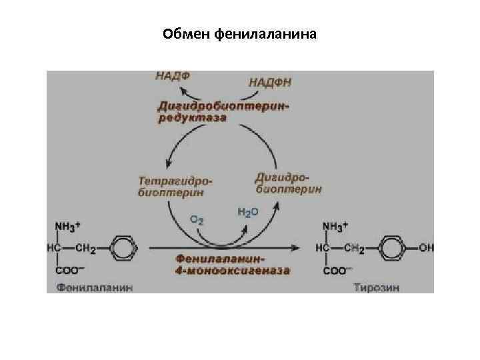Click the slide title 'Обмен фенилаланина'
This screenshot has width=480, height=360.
point(240,33)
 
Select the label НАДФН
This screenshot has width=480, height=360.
point(270,82)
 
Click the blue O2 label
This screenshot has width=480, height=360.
point(197,219)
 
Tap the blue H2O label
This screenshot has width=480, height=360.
point(248,212)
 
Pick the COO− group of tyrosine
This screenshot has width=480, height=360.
point(336,271)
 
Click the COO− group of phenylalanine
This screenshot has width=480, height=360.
point(67,271)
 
